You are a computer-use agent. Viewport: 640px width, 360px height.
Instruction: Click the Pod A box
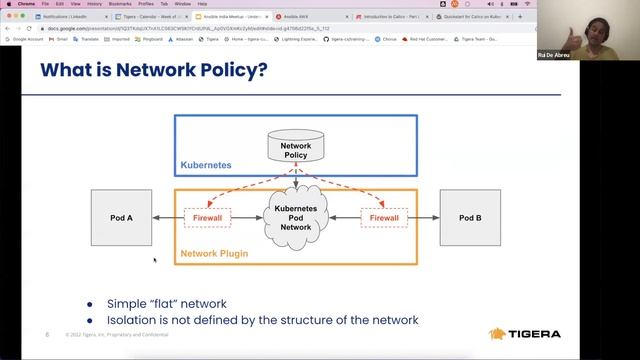(x=121, y=217)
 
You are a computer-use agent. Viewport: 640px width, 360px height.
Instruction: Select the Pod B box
(x=470, y=217)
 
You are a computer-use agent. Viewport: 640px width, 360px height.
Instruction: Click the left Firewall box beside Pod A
(x=207, y=217)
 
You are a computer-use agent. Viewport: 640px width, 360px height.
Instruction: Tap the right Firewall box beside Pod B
(x=384, y=217)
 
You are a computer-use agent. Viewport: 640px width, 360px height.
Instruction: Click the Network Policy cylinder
(x=295, y=149)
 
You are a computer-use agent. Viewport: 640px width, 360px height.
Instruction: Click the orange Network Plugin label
(x=214, y=255)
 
